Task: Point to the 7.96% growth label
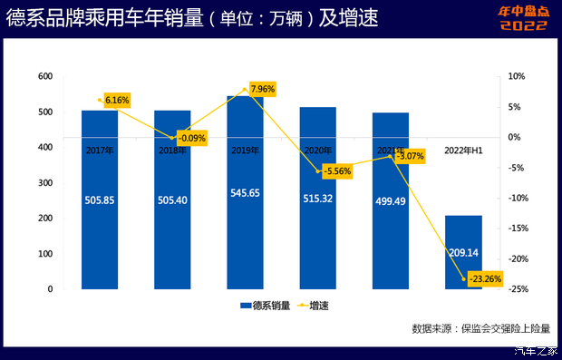[x=260, y=89]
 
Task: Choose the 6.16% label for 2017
[x=117, y=99]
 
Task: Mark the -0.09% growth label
[x=189, y=138]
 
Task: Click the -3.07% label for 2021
[x=409, y=156]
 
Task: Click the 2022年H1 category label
[x=462, y=150]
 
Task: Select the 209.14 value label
[x=464, y=253]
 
